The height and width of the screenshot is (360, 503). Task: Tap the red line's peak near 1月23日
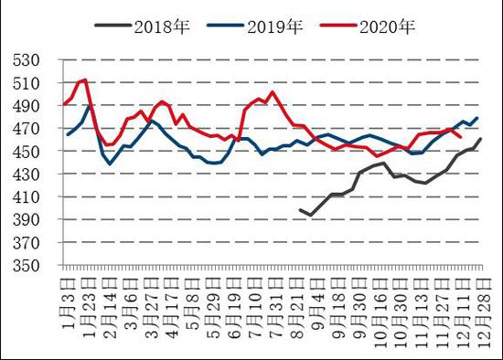85,79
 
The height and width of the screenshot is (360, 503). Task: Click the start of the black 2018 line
300,209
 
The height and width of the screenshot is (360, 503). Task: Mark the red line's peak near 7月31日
273,91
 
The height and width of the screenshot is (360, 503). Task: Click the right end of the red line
459,136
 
